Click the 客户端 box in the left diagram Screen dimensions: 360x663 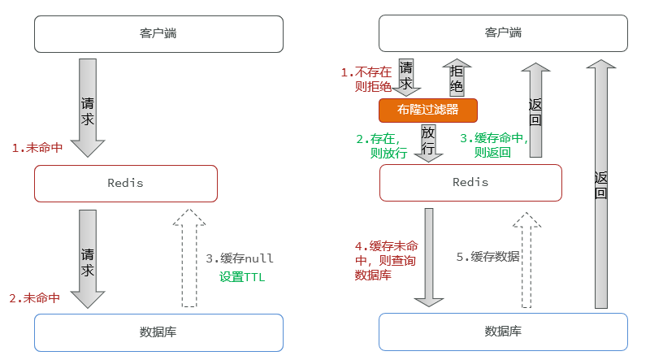(158, 34)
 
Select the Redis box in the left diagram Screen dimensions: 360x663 (126, 183)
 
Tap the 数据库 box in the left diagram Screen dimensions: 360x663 (158, 332)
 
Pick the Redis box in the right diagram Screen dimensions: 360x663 (470, 182)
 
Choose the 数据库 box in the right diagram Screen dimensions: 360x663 (503, 332)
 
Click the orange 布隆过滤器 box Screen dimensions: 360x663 (427, 110)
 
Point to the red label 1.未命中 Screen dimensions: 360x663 (37, 148)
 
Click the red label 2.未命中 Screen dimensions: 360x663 (35, 297)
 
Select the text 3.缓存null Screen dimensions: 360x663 (240, 258)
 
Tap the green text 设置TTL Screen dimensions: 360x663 (242, 277)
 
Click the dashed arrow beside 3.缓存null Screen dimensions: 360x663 (188, 258)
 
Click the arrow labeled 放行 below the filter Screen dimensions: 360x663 (428, 141)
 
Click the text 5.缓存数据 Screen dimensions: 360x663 (488, 257)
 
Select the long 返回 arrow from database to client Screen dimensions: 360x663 (600, 183)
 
